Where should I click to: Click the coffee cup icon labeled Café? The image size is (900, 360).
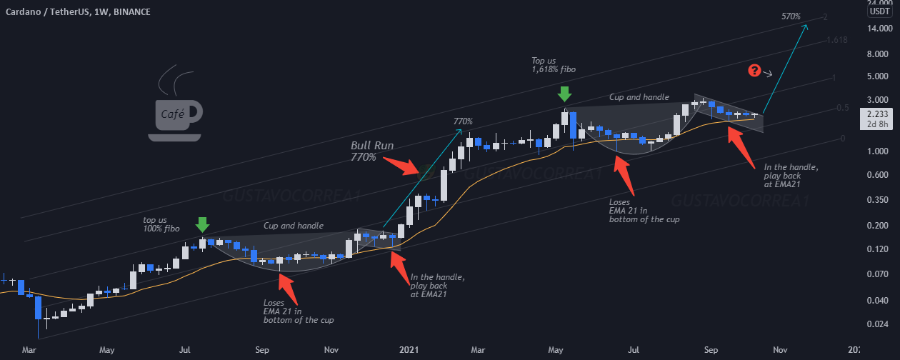pos(174,114)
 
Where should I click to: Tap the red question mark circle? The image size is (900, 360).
pos(754,70)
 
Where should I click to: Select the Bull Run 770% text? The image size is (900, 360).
pos(372,151)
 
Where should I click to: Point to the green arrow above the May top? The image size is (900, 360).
pos(564,94)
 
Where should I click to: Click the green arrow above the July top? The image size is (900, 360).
pos(203,225)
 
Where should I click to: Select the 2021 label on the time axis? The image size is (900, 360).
pos(409,351)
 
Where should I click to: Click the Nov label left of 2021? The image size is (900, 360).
pos(331,351)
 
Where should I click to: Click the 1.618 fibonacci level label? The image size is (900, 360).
pos(836,40)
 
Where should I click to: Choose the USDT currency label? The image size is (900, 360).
pos(879,11)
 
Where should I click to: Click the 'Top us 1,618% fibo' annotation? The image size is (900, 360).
pos(554,65)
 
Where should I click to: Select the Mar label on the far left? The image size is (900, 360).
pos(29,351)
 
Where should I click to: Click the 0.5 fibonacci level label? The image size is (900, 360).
pos(842,108)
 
